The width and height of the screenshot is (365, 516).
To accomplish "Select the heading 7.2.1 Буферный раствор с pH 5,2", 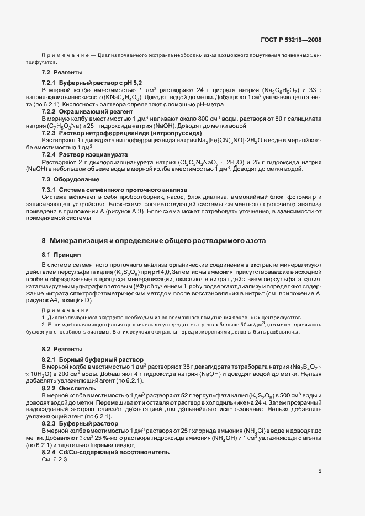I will (80, 82).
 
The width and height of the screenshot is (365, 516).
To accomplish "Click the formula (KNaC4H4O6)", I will (112, 96).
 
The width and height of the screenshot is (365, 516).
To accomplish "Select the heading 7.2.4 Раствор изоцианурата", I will (78, 155).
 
